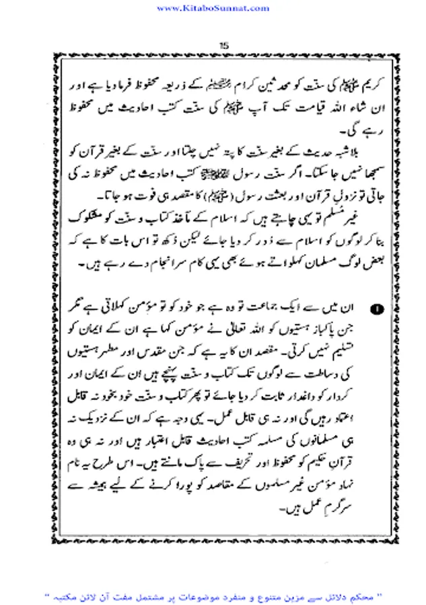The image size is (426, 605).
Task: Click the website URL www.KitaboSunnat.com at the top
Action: tap(213, 7)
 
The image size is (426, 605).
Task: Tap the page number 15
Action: tap(225, 45)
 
